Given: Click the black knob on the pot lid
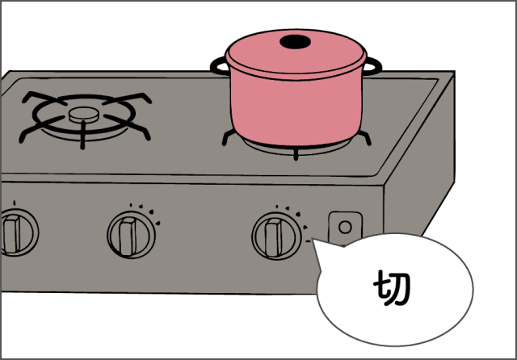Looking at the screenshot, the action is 295,42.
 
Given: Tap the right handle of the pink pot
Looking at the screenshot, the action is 373,66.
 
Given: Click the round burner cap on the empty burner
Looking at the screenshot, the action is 84,115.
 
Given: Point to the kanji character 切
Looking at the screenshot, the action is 392,288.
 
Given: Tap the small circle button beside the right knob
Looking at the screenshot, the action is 345,228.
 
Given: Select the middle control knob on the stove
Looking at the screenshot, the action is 131,235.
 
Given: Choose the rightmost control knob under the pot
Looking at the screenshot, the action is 276,236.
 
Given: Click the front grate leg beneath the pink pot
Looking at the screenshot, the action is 296,154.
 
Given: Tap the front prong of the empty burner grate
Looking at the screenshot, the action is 82,135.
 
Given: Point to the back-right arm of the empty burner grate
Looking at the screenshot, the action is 127,98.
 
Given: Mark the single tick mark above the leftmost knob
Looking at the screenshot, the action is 15,203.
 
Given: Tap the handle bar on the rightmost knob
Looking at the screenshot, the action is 273,237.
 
